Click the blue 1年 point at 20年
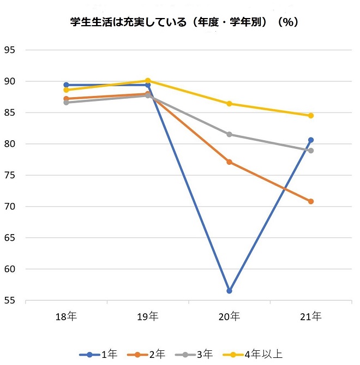pos(229,291)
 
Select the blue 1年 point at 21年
pos(311,140)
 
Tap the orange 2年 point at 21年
pos(311,201)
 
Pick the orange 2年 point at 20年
pos(229,162)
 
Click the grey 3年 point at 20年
pos(229,134)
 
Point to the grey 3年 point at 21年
pos(311,151)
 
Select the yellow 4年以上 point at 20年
pos(229,104)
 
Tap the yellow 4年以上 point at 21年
pos(311,116)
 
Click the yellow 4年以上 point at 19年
pos(148,81)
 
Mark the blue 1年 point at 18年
pos(66,85)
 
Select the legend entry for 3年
pos(201,354)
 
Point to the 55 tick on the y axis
pos(11,301)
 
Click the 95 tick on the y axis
pos(11,50)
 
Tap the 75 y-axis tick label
pos(11,176)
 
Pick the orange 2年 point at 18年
pos(66,99)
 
